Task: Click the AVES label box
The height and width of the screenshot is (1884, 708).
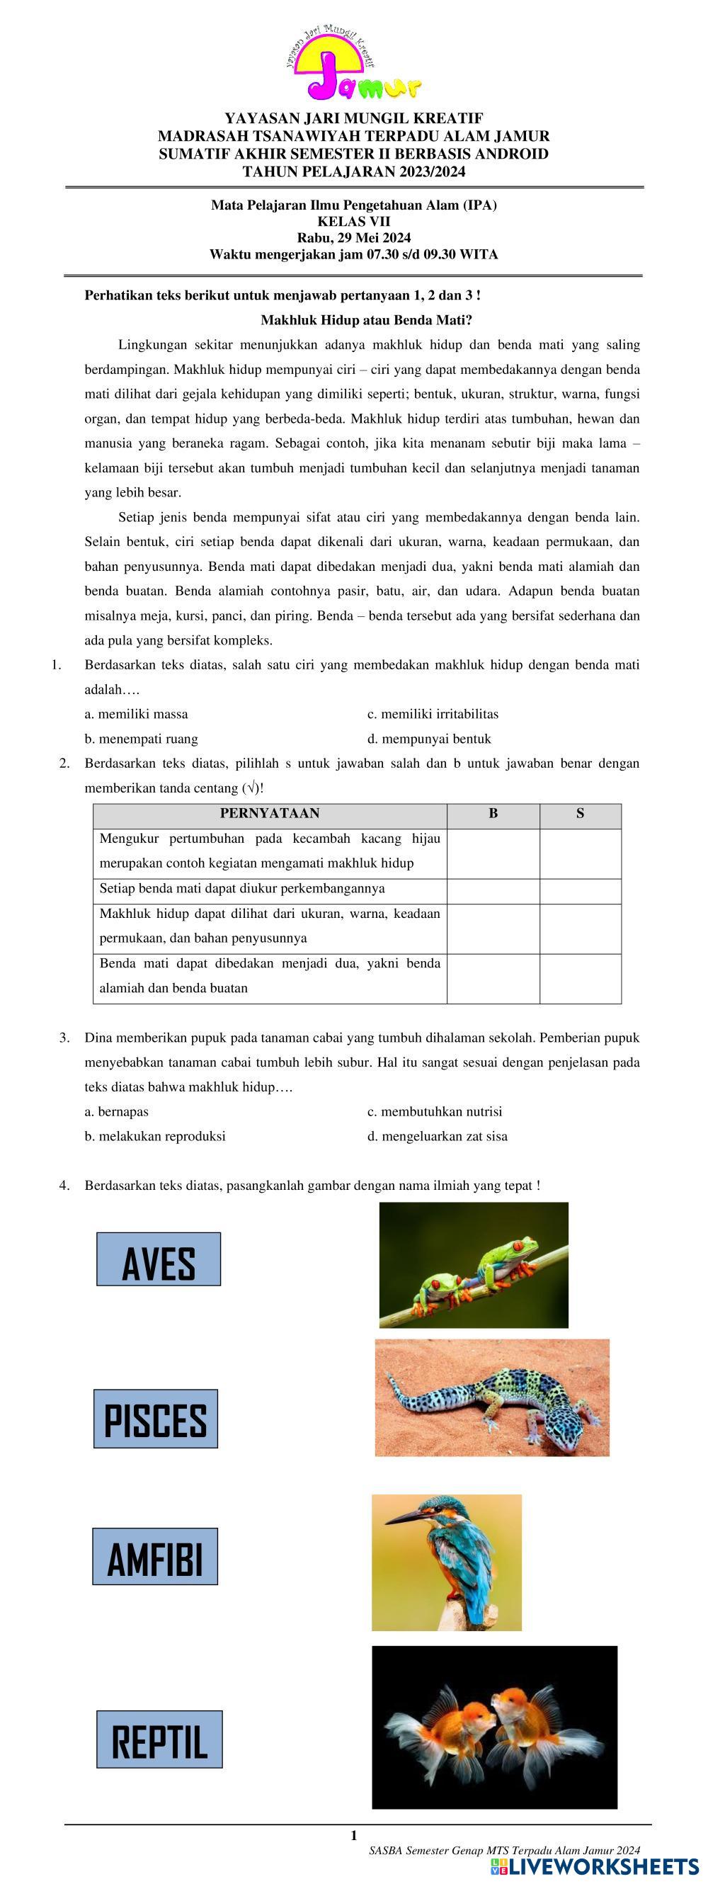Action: click(158, 1259)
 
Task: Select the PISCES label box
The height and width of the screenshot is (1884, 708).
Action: click(155, 1419)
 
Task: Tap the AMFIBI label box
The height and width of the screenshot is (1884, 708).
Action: click(154, 1556)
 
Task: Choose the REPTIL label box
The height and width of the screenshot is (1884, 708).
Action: click(159, 1740)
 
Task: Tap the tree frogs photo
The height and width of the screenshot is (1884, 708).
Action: click(473, 1264)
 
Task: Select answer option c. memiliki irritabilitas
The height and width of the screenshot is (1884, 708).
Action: click(433, 714)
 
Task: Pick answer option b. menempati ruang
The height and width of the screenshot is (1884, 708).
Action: click(141, 739)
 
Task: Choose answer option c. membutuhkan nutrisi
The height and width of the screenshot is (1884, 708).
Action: click(435, 1112)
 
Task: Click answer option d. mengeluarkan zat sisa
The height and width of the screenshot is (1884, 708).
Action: click(437, 1136)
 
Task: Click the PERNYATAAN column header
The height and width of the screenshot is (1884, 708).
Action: click(269, 813)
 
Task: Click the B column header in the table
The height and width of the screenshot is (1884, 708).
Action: click(493, 813)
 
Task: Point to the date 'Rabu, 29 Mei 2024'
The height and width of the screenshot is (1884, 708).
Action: click(353, 237)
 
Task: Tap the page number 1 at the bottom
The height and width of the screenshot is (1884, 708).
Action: click(354, 1835)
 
